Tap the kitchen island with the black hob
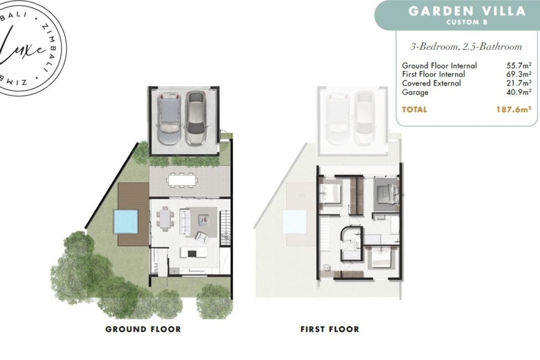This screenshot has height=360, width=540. click(194, 252)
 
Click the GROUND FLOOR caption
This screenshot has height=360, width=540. click(143, 329)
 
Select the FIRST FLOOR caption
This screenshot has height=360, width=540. click(330, 329)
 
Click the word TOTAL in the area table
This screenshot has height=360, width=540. click(414, 109)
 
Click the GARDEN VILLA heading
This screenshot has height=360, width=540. click(466, 11)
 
